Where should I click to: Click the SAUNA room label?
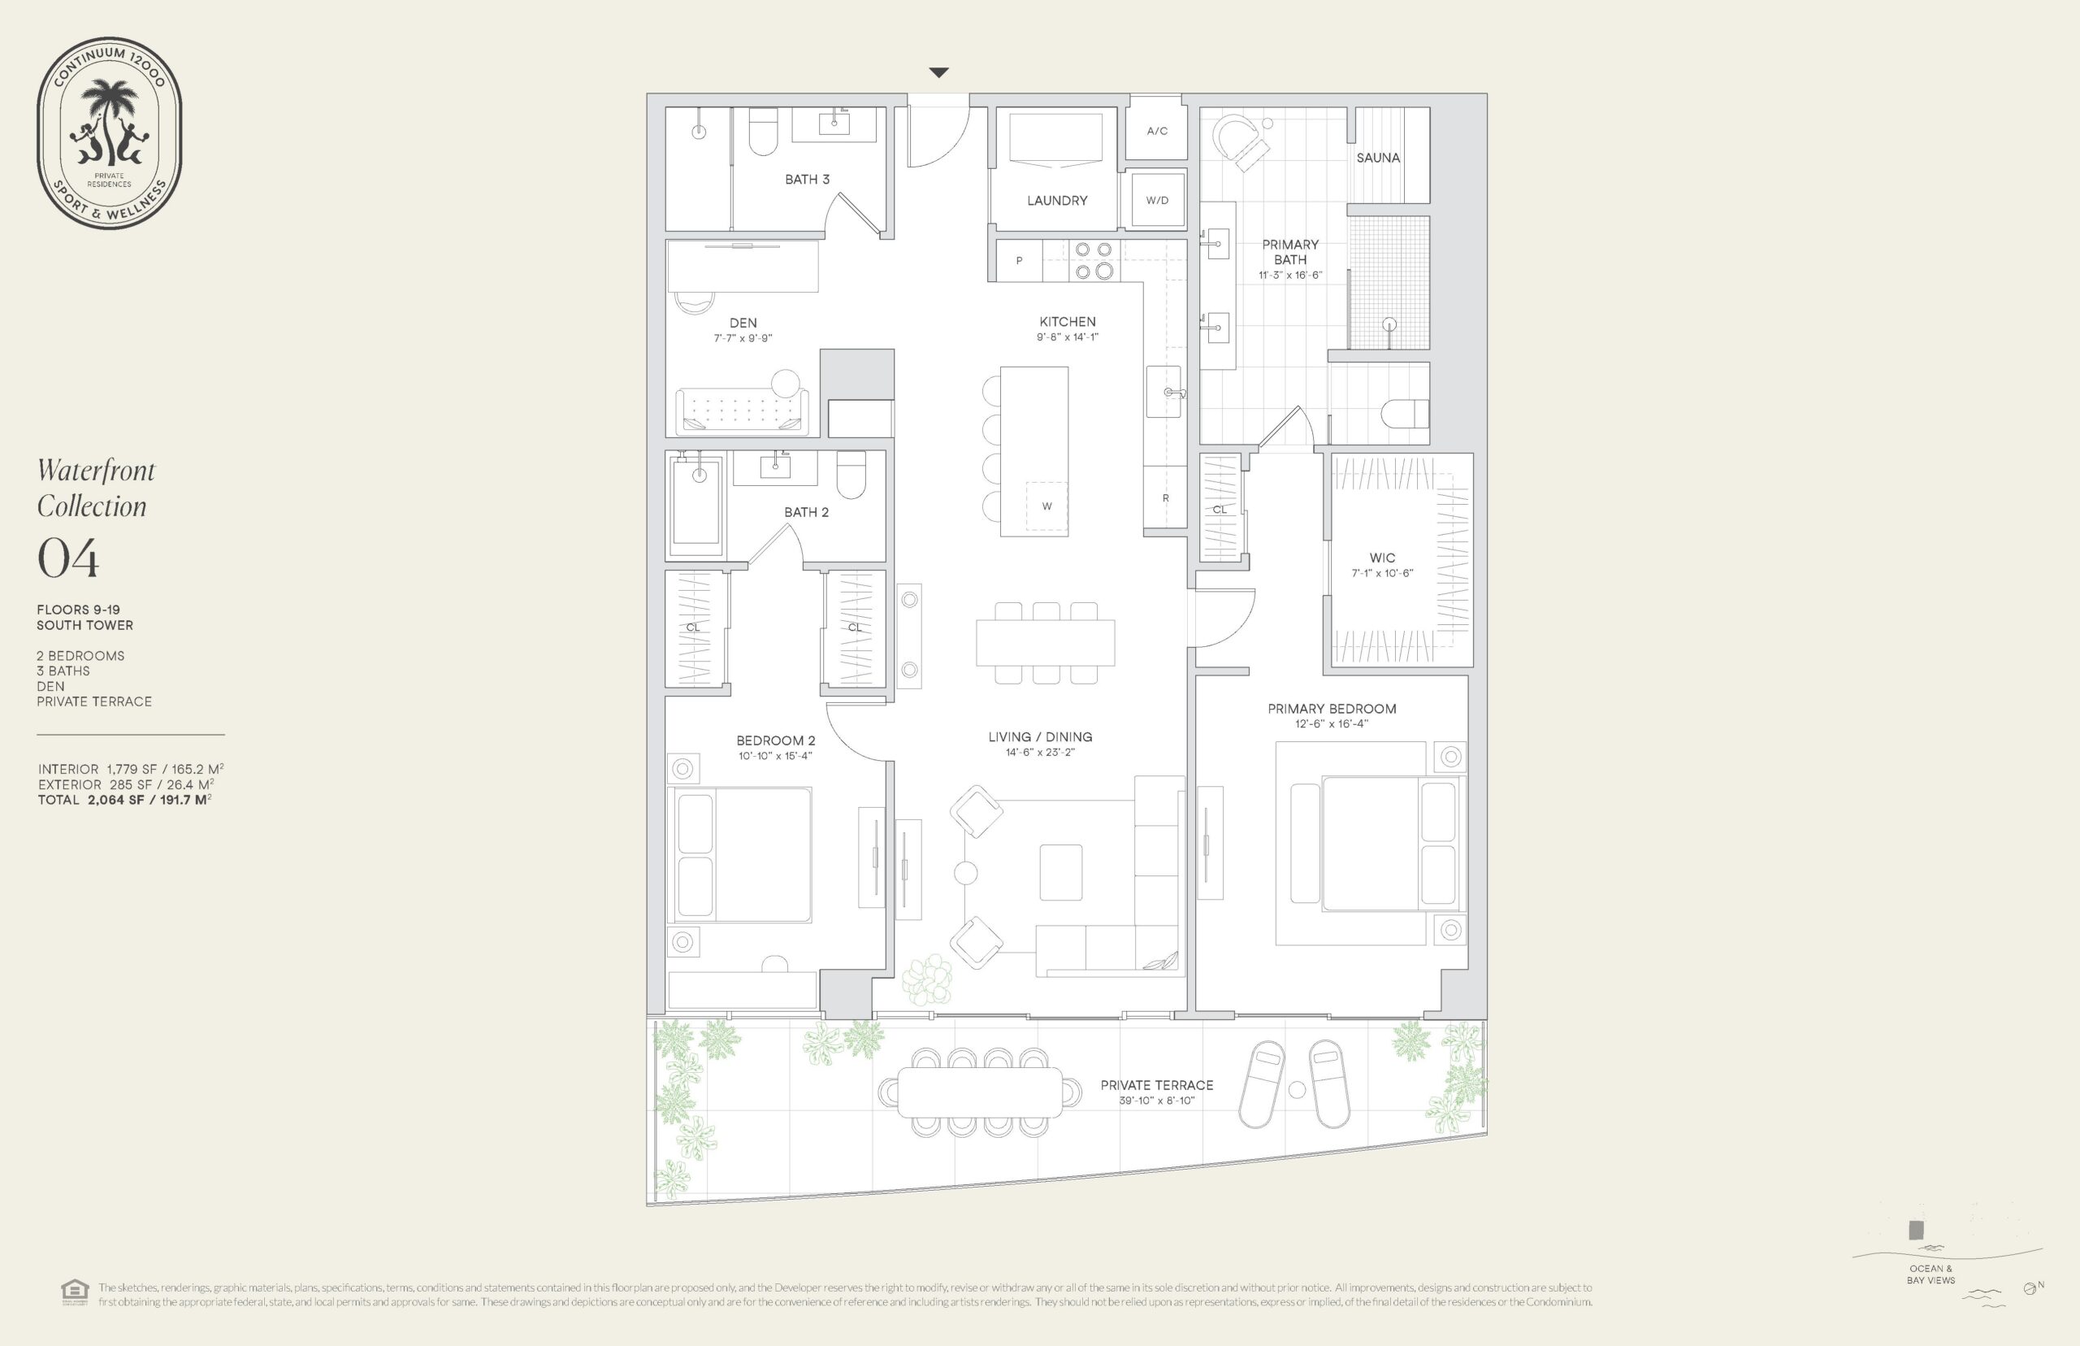point(1378,158)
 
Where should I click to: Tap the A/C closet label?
point(1157,131)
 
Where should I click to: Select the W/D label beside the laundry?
point(1157,200)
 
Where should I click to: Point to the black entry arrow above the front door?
point(938,72)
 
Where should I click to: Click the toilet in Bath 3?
point(763,131)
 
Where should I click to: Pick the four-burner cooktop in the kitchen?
point(1093,260)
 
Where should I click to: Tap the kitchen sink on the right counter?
point(1164,392)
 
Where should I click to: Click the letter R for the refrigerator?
point(1165,498)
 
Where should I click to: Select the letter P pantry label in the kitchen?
point(1019,260)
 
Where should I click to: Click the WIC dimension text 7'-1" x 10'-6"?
point(1382,573)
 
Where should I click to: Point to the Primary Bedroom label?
point(1332,709)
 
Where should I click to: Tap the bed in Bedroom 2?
point(739,854)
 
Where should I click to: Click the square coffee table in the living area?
point(1060,871)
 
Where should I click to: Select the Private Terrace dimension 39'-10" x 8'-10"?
point(1157,1101)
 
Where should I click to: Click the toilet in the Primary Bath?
point(1406,414)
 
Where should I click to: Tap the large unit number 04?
point(68,558)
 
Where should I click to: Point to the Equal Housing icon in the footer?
point(75,1292)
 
